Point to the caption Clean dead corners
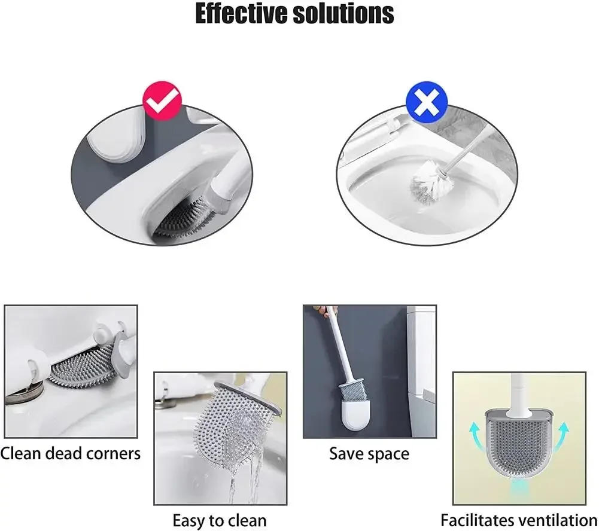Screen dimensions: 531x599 point(71,453)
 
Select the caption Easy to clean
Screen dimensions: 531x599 point(220,520)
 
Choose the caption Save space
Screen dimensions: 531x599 point(369,454)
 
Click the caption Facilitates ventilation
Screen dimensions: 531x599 point(519,520)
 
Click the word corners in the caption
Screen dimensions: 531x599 point(107,453)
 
